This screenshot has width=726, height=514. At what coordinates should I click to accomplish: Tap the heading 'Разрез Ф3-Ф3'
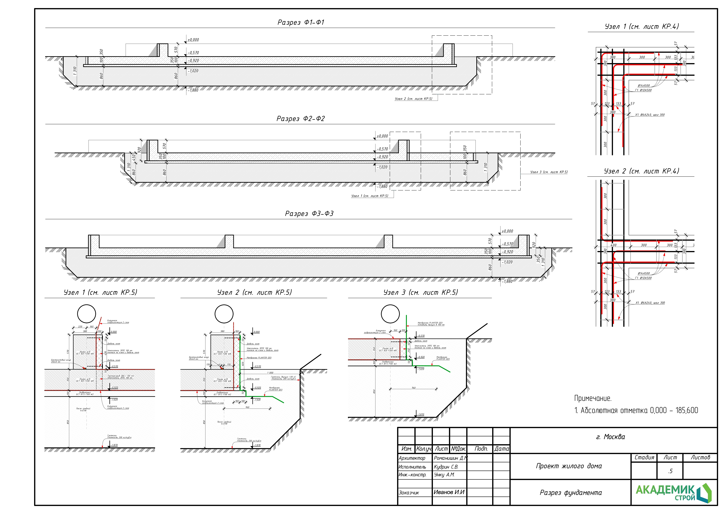tap(309, 214)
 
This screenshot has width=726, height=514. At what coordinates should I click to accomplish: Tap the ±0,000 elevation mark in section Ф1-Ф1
tap(193, 40)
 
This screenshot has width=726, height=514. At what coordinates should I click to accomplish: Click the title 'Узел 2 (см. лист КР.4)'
tap(641, 171)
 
